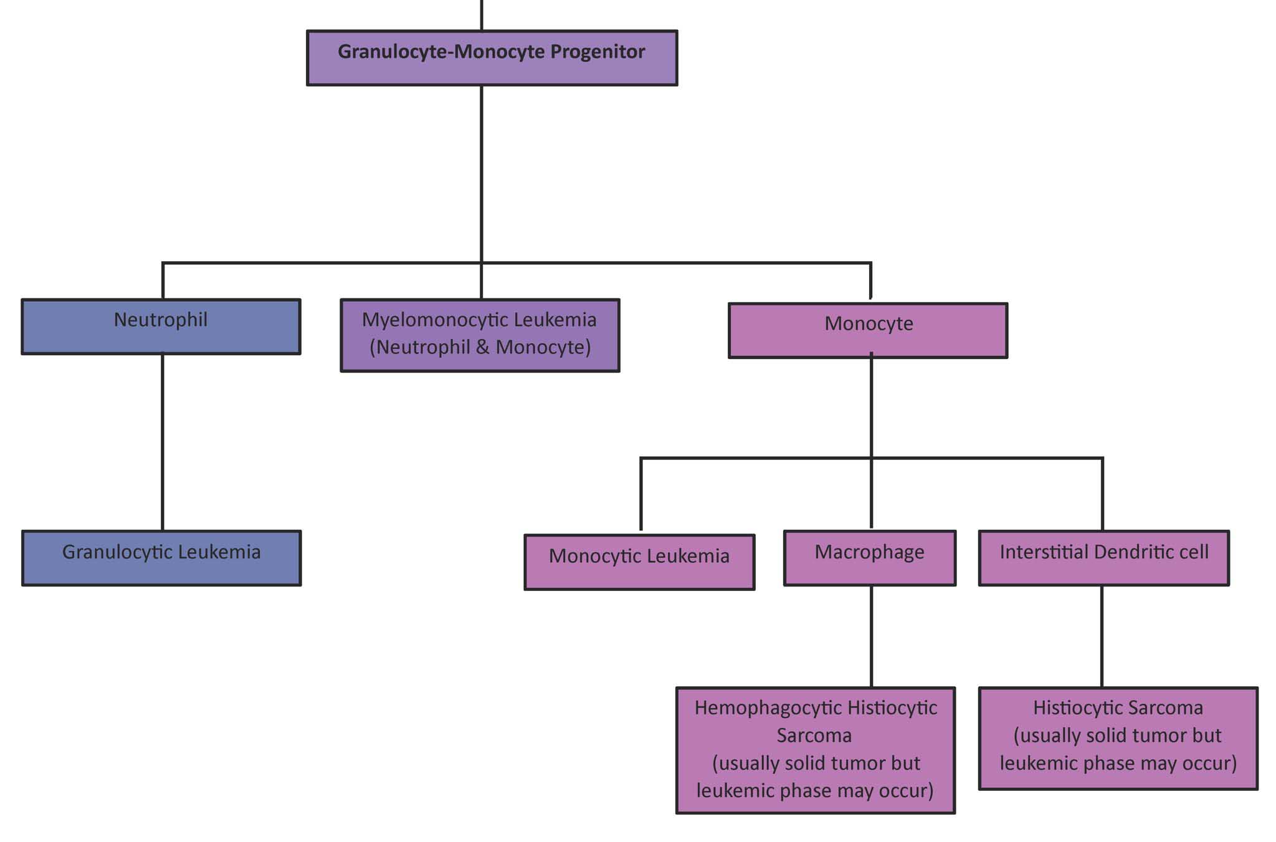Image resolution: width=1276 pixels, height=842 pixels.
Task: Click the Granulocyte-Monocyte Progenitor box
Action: coord(492,58)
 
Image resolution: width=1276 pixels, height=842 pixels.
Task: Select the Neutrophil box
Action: coord(161,327)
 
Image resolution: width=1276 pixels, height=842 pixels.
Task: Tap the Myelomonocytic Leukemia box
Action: coord(480,335)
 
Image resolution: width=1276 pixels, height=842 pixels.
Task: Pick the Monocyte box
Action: coord(868,330)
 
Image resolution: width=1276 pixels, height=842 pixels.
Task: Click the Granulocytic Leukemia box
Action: coord(161,558)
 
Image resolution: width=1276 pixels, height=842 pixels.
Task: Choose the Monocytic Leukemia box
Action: coord(639,562)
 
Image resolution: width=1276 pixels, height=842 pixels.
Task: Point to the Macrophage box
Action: coord(870,558)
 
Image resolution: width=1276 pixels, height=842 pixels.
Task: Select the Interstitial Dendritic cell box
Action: coord(1104,558)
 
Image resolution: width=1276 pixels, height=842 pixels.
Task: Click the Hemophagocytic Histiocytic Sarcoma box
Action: coord(816,750)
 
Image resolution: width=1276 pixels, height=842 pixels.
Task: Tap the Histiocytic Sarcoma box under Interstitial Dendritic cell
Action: coord(1118,739)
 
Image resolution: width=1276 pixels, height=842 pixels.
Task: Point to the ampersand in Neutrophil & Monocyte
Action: coord(482,347)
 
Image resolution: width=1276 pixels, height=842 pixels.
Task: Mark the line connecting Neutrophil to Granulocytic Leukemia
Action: coord(163,443)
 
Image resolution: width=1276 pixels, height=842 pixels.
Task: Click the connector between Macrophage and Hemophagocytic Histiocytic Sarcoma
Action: coord(871,636)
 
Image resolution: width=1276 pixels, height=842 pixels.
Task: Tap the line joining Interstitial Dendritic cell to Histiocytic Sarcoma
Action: coord(1102,636)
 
